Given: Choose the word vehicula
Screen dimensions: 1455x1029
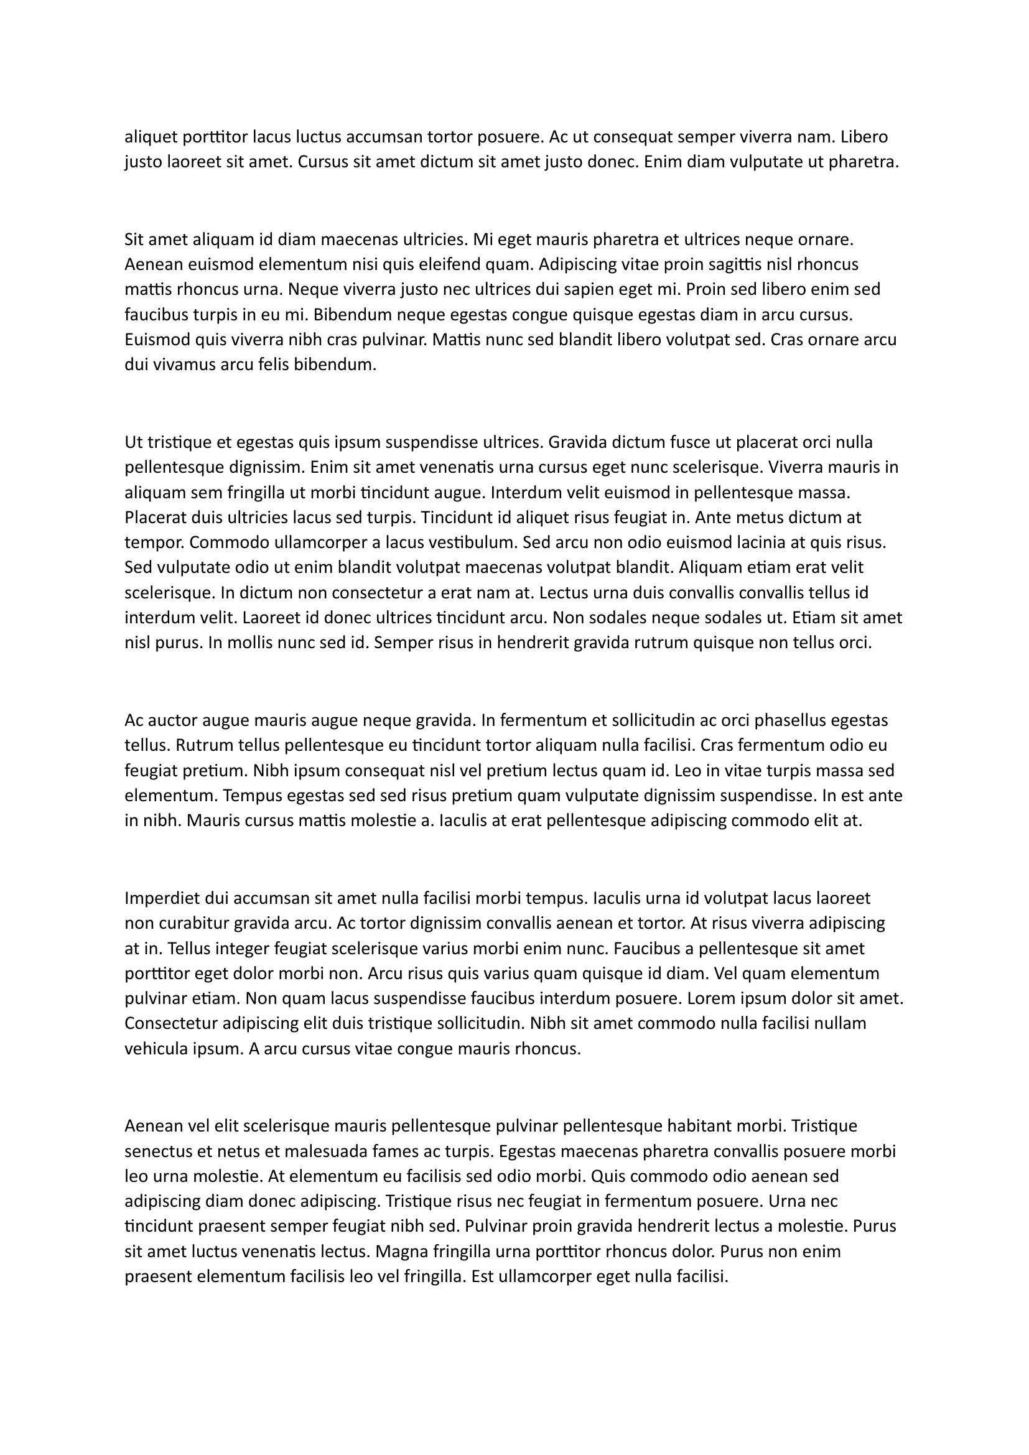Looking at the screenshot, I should pos(156,1049).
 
